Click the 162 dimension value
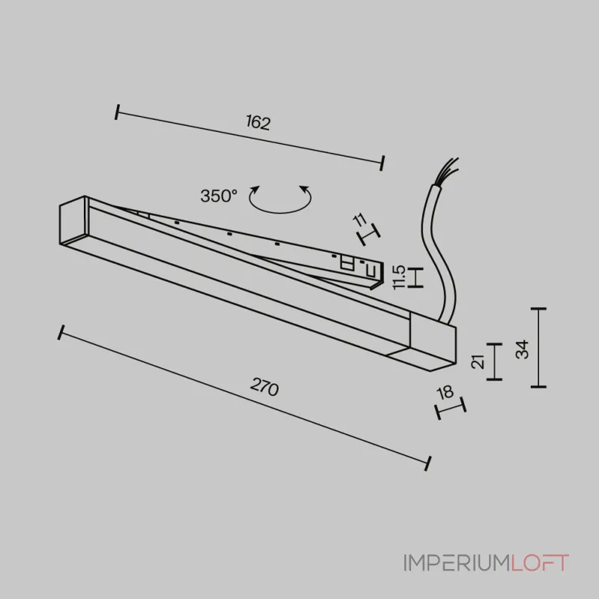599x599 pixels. (x=258, y=122)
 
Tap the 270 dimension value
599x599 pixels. (x=264, y=387)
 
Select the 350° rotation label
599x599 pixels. (x=219, y=196)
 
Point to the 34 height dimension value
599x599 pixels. (x=522, y=349)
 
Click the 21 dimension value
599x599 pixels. (x=478, y=362)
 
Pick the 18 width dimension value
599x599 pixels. (x=445, y=392)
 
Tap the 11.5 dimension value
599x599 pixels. (x=398, y=277)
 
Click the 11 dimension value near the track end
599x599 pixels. (x=360, y=220)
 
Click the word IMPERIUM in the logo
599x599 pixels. (x=457, y=563)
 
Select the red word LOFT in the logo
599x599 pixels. (x=540, y=563)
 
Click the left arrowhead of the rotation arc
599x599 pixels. (x=255, y=189)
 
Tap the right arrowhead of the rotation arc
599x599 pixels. (x=305, y=189)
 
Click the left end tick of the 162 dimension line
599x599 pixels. (x=117, y=112)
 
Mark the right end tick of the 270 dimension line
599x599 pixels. (x=428, y=463)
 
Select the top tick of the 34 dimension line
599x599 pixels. (x=538, y=308)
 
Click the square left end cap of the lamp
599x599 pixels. (x=74, y=220)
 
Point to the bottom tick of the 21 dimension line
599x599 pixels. (x=494, y=380)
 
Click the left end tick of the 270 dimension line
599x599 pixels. (x=61, y=332)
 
